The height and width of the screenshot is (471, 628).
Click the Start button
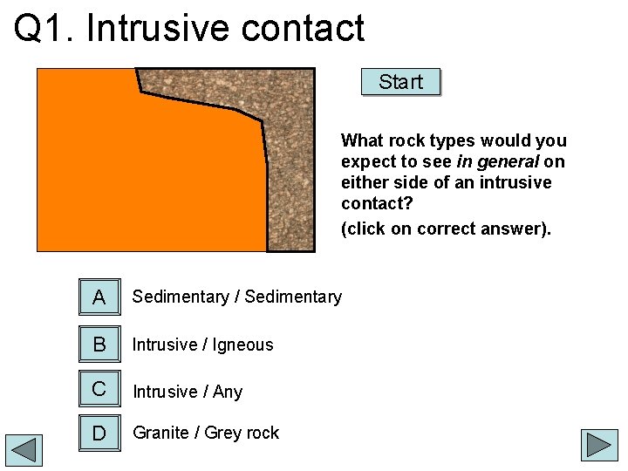tap(400, 82)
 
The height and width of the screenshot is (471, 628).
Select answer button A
tap(99, 297)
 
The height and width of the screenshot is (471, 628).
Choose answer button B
tap(99, 345)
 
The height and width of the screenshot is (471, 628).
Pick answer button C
tap(99, 389)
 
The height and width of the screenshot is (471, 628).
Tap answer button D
tap(99, 433)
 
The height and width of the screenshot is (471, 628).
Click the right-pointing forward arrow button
tap(601, 445)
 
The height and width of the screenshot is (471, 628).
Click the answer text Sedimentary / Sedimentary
tap(237, 297)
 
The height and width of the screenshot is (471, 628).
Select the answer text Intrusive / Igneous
tap(202, 345)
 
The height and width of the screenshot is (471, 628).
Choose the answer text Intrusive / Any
tap(188, 392)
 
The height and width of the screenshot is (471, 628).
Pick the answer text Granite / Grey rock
tap(206, 433)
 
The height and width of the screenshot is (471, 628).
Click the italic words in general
tap(497, 161)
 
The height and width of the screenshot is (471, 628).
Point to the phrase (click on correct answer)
tap(446, 229)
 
